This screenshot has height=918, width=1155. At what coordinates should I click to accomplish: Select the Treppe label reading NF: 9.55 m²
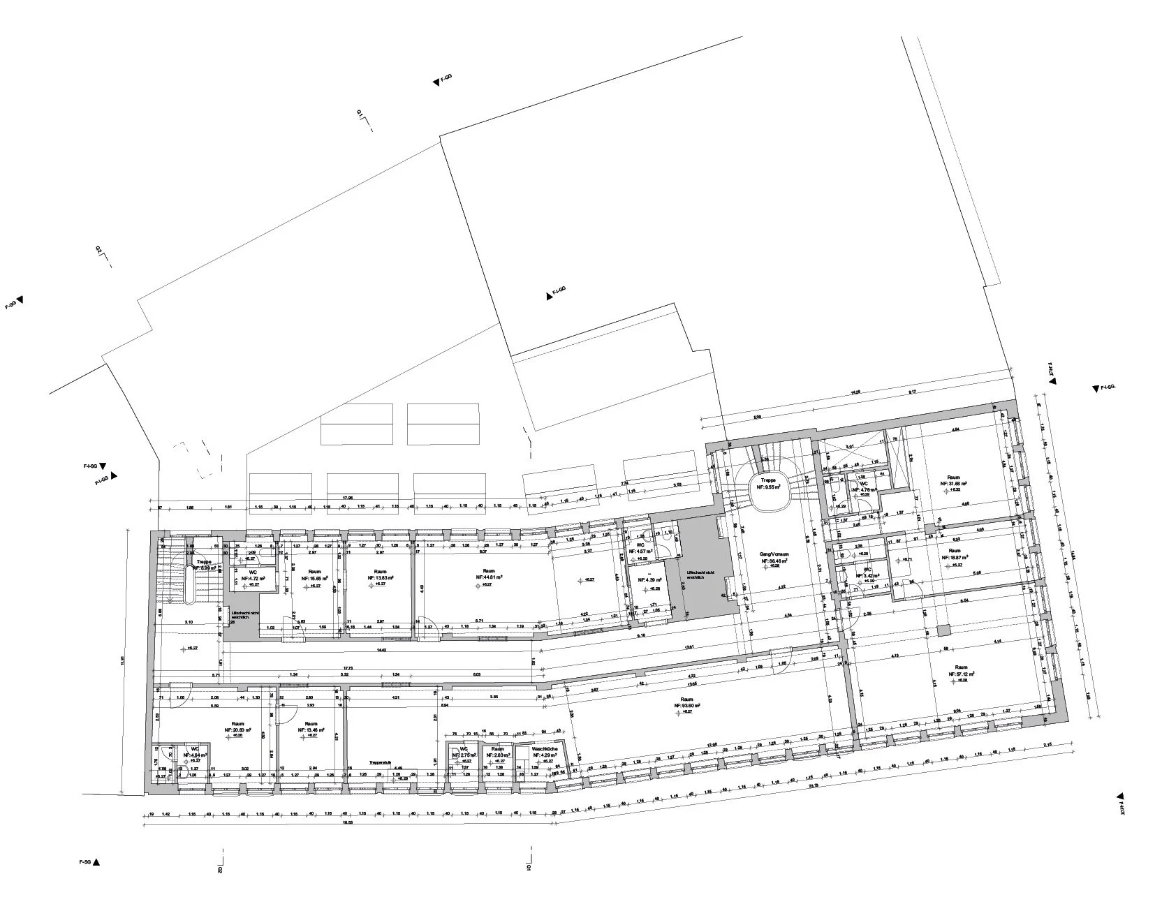[769, 484]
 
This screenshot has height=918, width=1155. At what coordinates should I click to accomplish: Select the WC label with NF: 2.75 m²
[463, 753]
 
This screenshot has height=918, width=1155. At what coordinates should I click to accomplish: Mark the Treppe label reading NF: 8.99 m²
[203, 564]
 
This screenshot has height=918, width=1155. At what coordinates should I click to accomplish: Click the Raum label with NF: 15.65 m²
[314, 575]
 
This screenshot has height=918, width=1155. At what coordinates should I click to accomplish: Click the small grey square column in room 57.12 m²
[943, 630]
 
